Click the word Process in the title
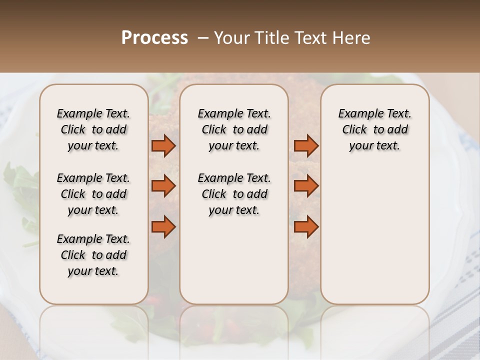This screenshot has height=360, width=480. point(154,38)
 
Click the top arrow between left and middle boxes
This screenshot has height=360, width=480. point(163,146)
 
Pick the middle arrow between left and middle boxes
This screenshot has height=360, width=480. point(163,186)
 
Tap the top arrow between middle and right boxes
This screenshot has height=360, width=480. point(306,146)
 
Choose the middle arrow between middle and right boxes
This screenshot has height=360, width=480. point(306,186)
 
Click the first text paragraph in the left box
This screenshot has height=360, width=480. point(93,129)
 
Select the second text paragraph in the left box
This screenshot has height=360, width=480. point(93,194)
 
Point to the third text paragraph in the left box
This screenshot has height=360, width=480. point(93,255)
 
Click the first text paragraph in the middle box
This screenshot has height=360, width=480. point(234,129)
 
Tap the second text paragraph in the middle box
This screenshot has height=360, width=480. point(234,194)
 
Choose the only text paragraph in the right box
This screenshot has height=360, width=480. point(374,129)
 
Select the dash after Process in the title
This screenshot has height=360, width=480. point(203,38)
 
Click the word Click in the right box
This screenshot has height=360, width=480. point(354,130)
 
